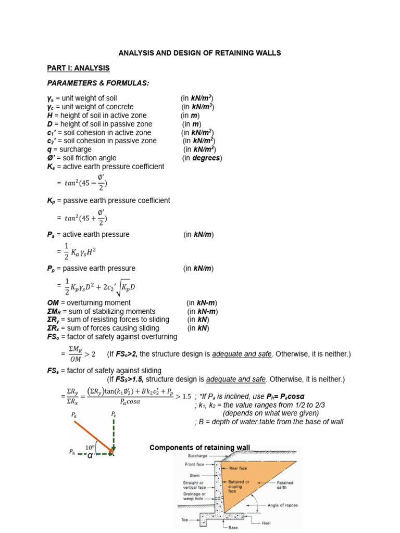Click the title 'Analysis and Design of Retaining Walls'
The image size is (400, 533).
(x=200, y=53)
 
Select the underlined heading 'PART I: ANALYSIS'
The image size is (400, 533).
(x=78, y=68)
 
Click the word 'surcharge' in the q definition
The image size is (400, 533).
(x=70, y=149)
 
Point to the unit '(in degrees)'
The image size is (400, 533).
(x=202, y=158)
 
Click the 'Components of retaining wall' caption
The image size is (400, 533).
(x=200, y=448)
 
